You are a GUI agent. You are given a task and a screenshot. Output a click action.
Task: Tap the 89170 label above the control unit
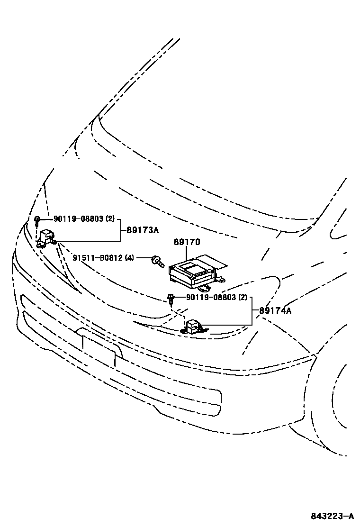click(x=187, y=242)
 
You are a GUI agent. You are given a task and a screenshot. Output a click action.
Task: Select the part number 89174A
click(x=275, y=311)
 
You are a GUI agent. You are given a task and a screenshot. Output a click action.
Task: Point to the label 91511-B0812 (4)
click(x=103, y=258)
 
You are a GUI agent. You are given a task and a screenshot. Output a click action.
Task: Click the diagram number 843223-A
click(x=333, y=516)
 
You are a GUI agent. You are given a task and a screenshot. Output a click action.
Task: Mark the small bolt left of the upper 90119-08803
click(x=36, y=219)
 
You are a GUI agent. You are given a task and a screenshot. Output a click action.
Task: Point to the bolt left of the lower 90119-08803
click(x=170, y=298)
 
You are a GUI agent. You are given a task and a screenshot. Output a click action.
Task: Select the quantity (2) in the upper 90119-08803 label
click(x=110, y=219)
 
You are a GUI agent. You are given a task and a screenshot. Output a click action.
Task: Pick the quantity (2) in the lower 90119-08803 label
click(x=243, y=297)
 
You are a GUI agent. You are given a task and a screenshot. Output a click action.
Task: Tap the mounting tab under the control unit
click(x=205, y=287)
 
